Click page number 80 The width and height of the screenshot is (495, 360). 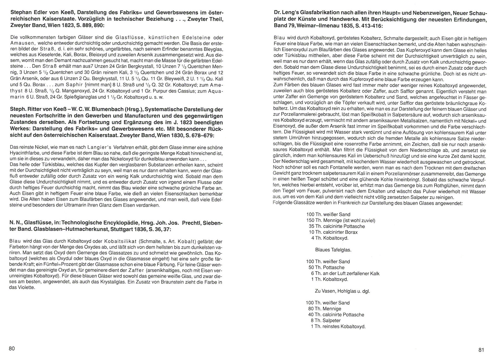pyautogui.click(x=12, y=348)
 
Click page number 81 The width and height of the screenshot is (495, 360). pyautogui.click(x=481, y=350)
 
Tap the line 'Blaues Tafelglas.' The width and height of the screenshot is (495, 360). pyautogui.click(x=333, y=250)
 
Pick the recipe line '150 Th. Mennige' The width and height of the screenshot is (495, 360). pyautogui.click(x=341, y=220)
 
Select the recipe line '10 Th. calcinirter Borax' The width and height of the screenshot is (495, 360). pyautogui.click(x=333, y=232)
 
